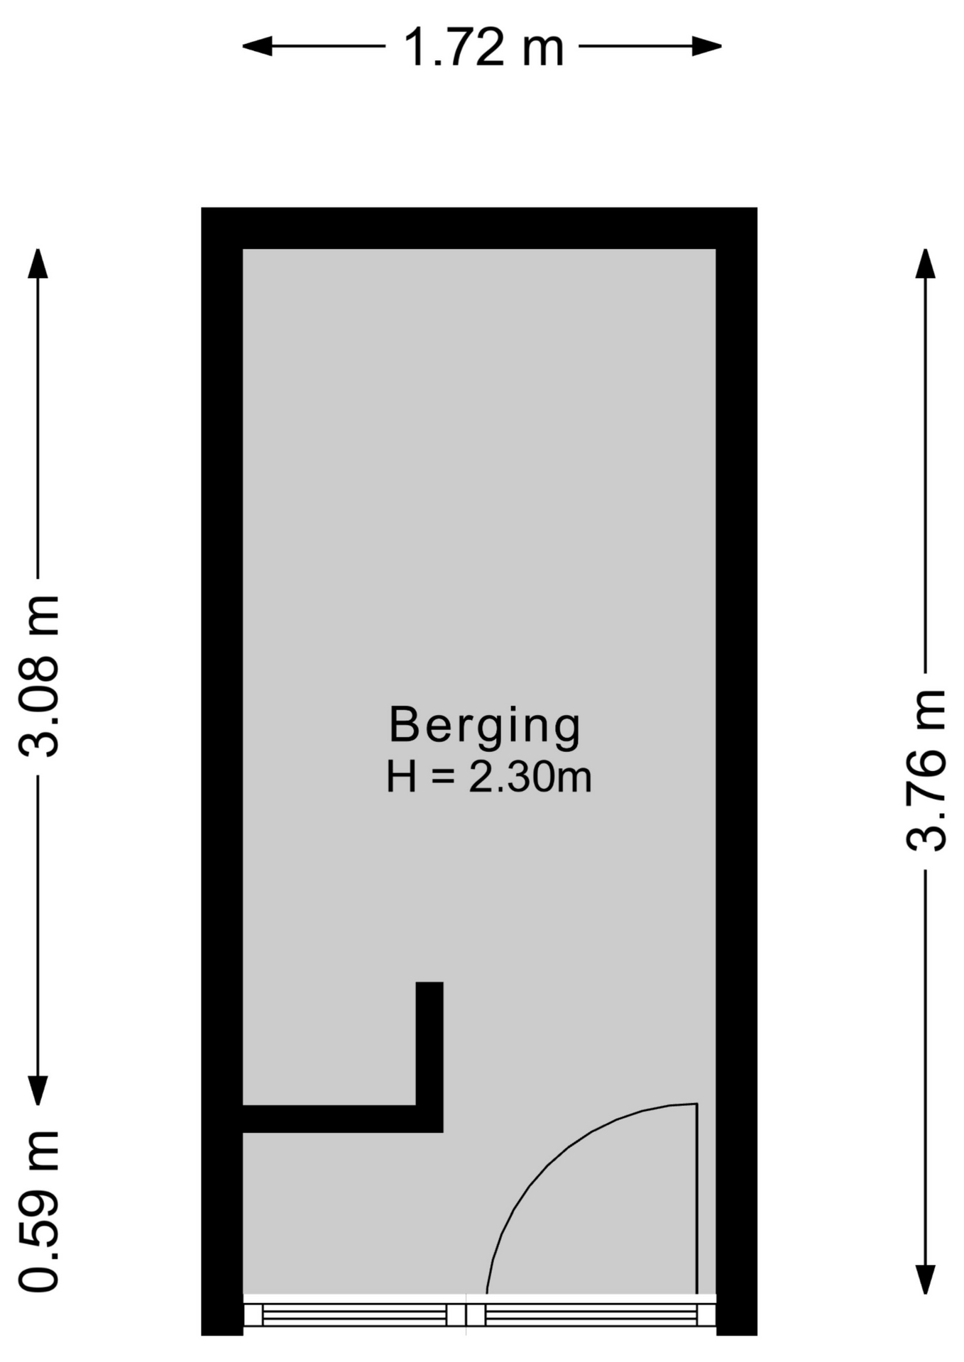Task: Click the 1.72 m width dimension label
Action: click(x=483, y=48)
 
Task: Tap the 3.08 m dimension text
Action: click(x=39, y=676)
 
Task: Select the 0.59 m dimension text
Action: click(x=39, y=1211)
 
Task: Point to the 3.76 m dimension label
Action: click(x=926, y=770)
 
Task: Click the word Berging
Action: click(x=485, y=725)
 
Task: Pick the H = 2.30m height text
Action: click(x=488, y=777)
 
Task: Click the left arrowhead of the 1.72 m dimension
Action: click(x=257, y=47)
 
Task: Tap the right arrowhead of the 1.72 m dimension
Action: click(x=708, y=47)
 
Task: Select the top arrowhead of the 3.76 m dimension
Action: click(x=925, y=263)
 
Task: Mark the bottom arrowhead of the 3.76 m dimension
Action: click(x=925, y=1280)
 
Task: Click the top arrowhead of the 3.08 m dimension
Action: click(x=38, y=263)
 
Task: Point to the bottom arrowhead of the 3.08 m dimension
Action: click(x=38, y=1090)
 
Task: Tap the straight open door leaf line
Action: click(x=697, y=1199)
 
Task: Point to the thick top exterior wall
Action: click(x=479, y=228)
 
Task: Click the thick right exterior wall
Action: click(x=737, y=771)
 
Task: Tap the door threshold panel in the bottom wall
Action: click(x=591, y=1315)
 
